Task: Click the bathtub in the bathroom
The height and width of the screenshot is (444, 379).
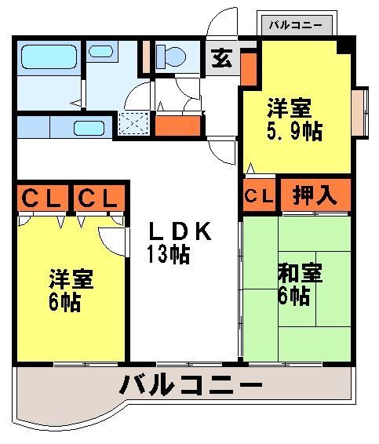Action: tap(49, 56)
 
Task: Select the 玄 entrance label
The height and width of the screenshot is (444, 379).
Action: tap(222, 58)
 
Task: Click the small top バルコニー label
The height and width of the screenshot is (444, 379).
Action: tap(296, 25)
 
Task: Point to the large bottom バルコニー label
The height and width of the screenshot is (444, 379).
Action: tap(191, 384)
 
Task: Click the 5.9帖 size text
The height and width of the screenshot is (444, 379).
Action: tap(294, 131)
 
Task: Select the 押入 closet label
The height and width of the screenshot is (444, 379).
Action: tap(315, 195)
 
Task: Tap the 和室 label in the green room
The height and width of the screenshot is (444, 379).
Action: tap(300, 273)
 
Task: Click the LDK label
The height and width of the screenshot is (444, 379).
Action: tap(180, 231)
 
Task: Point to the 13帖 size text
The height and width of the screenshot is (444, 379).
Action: tap(168, 254)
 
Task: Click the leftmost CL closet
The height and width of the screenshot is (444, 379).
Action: tap(42, 198)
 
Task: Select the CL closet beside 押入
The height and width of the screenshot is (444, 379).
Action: tap(259, 195)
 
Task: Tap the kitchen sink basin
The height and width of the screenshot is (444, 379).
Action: tap(89, 128)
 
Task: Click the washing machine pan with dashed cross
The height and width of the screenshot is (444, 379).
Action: tap(133, 123)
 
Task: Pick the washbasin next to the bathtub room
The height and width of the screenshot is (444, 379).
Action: tap(101, 52)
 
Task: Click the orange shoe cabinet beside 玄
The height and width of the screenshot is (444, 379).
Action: tap(249, 69)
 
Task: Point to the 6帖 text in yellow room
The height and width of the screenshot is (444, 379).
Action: tap(65, 302)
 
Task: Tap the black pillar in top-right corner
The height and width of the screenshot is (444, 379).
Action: tap(344, 46)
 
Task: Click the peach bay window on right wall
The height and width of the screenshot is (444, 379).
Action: tap(359, 112)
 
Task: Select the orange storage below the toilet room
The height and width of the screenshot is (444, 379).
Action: tap(178, 126)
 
